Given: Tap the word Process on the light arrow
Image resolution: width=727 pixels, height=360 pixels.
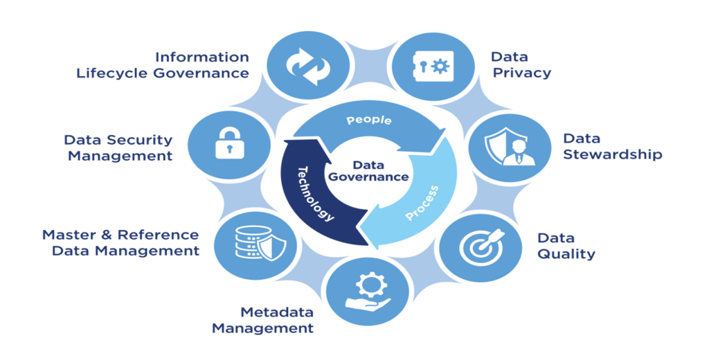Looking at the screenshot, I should (422, 203).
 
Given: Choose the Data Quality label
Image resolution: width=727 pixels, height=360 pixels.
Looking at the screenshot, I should (566, 246).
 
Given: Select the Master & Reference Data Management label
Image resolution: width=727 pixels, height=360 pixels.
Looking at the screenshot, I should (121, 242).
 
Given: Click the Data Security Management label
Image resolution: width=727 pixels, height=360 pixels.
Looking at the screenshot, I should (118, 147).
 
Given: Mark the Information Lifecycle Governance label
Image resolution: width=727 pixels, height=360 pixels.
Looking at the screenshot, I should (163, 65).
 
